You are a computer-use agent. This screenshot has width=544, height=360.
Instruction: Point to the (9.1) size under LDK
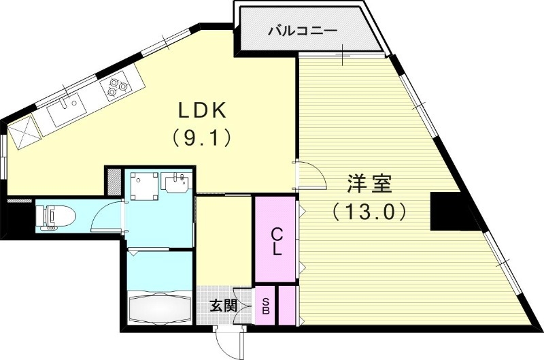(198, 137)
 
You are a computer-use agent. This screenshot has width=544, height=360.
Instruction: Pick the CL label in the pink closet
(276, 241)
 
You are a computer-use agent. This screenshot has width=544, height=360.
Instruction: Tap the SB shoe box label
(266, 306)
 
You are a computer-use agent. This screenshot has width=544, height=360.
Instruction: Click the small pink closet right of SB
(287, 306)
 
